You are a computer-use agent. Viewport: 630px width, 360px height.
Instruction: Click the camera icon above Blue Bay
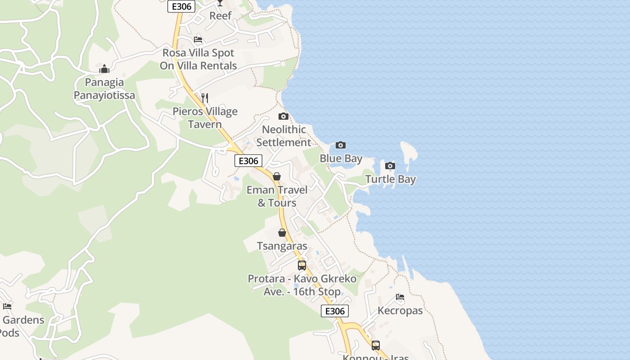coord(341,145)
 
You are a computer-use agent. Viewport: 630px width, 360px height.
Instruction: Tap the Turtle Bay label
coord(390,179)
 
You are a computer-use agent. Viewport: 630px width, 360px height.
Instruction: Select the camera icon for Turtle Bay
coord(390,166)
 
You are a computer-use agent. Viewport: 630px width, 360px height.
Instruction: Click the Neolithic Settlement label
coord(283,136)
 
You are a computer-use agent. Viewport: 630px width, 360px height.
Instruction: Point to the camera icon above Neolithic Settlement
coord(283,116)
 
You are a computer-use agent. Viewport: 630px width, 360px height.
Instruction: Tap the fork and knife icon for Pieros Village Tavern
coord(204,98)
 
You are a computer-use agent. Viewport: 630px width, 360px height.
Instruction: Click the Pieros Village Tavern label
coord(205,118)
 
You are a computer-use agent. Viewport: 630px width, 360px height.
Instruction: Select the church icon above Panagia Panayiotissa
coord(104,69)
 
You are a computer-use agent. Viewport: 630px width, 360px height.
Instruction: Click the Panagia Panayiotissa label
coord(104,89)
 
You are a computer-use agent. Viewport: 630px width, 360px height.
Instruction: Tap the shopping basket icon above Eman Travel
coord(277,176)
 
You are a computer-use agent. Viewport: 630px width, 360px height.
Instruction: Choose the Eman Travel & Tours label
coord(277,196)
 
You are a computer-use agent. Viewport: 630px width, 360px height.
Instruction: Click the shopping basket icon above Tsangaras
coord(282,233)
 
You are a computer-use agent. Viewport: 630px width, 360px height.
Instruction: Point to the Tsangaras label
coord(282,246)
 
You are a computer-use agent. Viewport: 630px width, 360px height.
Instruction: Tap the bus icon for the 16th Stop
coord(301,265)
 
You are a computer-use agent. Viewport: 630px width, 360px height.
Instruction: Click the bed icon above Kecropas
coord(400,297)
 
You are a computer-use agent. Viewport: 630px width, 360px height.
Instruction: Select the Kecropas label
coord(400,310)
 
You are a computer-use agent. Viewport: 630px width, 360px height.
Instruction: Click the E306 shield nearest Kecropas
coord(335,311)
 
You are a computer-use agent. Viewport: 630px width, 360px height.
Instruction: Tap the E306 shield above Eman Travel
coord(248,161)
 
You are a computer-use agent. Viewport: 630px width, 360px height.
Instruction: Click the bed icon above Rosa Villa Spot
coord(198,40)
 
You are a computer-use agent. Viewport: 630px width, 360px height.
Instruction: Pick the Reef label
coord(220,15)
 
